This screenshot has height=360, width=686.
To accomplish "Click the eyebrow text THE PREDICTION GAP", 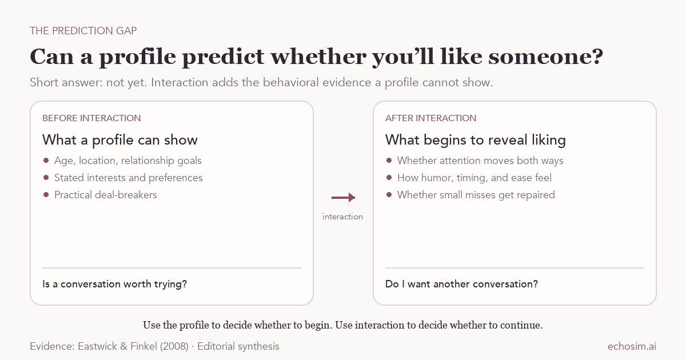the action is (x=83, y=31).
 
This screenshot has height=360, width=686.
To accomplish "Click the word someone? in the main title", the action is (x=546, y=57).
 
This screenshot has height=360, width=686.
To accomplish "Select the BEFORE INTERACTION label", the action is (x=91, y=118).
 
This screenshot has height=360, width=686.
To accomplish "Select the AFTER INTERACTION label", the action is (x=430, y=118).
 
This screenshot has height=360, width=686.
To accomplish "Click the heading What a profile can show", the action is (x=120, y=140).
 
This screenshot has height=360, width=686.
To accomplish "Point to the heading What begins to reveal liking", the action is (x=475, y=140).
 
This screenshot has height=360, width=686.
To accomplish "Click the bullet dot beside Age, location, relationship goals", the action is (x=46, y=160).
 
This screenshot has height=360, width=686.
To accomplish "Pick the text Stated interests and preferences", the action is (x=128, y=178).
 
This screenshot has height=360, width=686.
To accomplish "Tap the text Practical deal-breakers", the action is (x=106, y=195).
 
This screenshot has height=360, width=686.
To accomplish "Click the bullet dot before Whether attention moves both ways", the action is (x=389, y=160).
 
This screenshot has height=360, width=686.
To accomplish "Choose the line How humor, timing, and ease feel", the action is (x=474, y=178).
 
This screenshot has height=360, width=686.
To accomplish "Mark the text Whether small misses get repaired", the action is (x=476, y=195).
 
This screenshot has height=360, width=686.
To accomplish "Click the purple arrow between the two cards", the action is (x=344, y=198).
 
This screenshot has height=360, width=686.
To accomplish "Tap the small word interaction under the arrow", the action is (x=342, y=217).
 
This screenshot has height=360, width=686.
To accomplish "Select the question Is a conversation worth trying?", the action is (x=114, y=284).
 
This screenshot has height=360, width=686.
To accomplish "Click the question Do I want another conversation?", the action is (x=461, y=284).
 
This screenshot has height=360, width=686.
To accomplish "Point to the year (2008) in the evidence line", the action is (x=174, y=346).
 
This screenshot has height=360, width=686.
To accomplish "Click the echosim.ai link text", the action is (x=632, y=346).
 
